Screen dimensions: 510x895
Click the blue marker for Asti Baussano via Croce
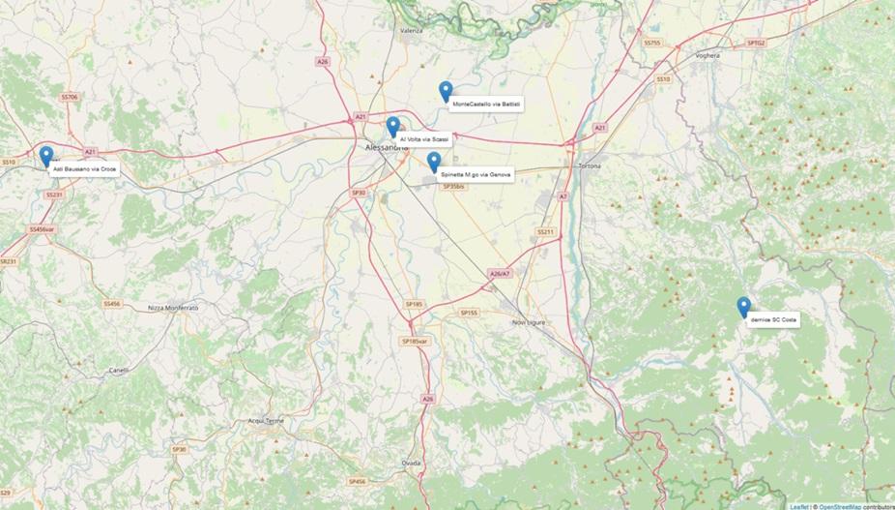tap(45, 156)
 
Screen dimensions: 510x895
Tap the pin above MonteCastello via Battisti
tap(446, 91)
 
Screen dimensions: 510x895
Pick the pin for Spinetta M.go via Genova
tap(434, 161)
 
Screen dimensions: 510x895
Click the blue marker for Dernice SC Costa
tap(743, 306)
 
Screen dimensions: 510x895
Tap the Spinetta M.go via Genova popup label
tap(476, 174)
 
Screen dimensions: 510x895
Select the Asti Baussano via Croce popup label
tap(84, 168)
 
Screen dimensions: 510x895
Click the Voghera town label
tap(708, 56)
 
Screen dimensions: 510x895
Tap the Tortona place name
tap(589, 165)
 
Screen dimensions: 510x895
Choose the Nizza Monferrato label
tap(173, 307)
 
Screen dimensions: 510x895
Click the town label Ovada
tap(412, 463)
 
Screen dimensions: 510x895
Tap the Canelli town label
tap(119, 370)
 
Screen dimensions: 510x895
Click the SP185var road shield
tap(414, 342)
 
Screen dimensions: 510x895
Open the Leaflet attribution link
tap(798, 505)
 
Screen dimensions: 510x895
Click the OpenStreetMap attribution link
tap(840, 505)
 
